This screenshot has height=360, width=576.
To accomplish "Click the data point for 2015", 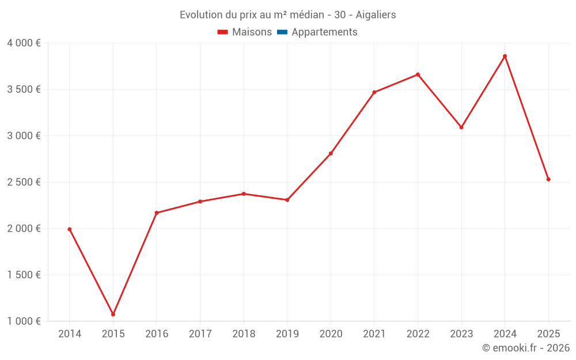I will (113, 314).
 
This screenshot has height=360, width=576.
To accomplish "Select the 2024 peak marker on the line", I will (505, 56).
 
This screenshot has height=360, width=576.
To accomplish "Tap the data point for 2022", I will (418, 74).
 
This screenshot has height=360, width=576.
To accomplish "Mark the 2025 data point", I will (548, 179).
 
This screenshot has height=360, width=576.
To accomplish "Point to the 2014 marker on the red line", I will (70, 229).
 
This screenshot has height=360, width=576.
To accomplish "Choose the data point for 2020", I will (331, 153).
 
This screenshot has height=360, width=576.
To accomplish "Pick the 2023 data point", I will (461, 127).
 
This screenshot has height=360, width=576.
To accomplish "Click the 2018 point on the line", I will (244, 194).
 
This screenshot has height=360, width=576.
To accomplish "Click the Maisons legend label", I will (252, 32).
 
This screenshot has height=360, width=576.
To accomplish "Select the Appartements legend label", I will (324, 32).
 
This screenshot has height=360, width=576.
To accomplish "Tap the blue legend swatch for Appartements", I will (282, 32).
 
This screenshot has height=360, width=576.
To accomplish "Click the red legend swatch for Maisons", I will (223, 32).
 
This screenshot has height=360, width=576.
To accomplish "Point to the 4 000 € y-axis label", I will (24, 43).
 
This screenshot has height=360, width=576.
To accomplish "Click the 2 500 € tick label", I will (24, 182).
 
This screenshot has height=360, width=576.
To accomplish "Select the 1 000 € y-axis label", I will (24, 321).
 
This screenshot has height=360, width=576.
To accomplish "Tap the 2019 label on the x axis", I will (287, 334).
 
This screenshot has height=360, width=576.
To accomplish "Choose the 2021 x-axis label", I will (374, 334).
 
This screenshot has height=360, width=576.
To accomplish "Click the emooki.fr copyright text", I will (526, 348).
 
